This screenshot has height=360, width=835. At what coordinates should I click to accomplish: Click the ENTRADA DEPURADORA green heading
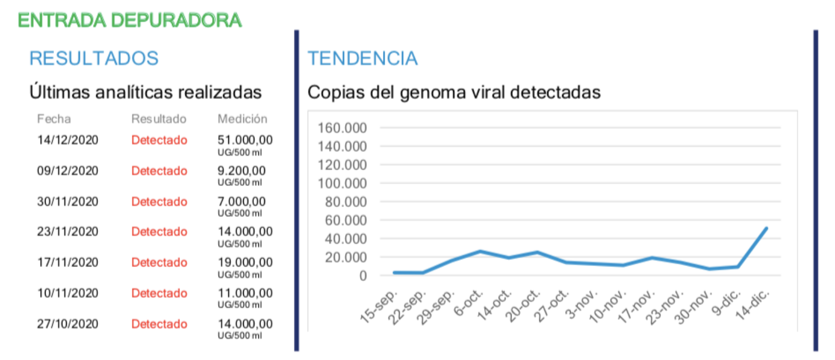(130, 20)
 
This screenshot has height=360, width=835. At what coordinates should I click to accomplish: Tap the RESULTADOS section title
(94, 58)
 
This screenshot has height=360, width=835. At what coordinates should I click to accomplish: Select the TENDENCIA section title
(362, 58)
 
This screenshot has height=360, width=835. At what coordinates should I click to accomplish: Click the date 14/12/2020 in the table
(67, 140)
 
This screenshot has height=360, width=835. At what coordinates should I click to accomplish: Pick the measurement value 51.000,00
(245, 140)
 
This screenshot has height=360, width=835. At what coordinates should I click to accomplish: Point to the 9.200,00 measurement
(242, 171)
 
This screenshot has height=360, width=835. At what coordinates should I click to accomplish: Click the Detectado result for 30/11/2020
(159, 201)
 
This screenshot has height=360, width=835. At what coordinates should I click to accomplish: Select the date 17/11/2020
(67, 263)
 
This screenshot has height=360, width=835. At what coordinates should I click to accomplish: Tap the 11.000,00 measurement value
(245, 293)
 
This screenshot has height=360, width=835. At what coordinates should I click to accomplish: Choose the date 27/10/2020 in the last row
(67, 324)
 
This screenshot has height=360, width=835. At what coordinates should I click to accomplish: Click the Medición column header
(242, 119)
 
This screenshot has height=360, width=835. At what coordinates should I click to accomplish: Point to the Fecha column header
(54, 119)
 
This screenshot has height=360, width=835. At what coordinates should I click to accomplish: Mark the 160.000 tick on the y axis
(342, 129)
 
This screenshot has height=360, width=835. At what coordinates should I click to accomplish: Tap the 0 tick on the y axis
(363, 275)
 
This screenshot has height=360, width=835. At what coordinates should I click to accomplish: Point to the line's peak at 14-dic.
(766, 228)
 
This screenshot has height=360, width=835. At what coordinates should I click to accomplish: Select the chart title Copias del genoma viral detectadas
(454, 92)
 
